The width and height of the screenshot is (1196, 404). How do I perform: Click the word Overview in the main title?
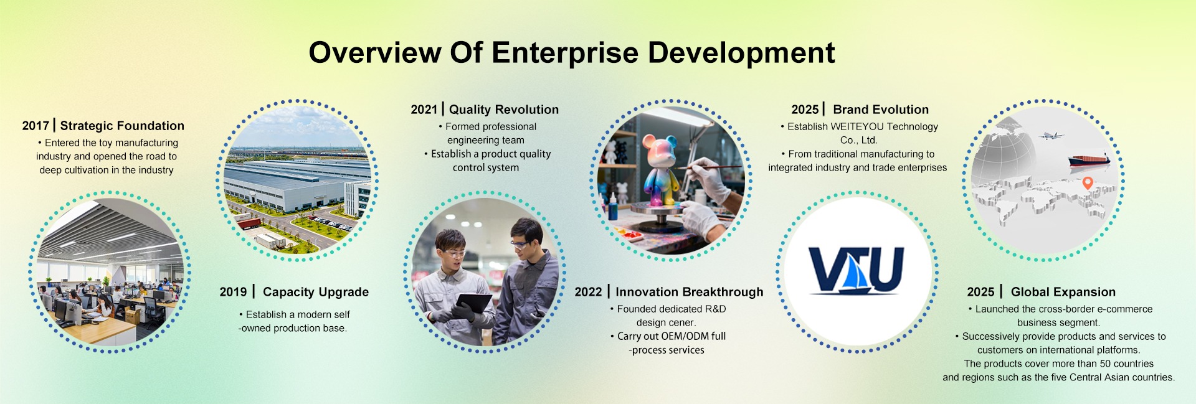[375, 52]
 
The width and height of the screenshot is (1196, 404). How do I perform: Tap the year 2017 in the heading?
[36, 126]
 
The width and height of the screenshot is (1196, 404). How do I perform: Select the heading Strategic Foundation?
[122, 126]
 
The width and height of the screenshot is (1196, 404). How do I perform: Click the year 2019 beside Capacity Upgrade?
[233, 292]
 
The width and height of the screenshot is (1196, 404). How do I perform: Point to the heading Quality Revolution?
[504, 110]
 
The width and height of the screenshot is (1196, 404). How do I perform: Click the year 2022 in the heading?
[588, 292]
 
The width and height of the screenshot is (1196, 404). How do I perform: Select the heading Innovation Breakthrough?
[689, 292]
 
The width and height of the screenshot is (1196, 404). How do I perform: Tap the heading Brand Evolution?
[881, 110]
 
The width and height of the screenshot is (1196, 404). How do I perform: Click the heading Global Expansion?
[1063, 292]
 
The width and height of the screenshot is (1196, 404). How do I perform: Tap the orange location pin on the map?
[1088, 183]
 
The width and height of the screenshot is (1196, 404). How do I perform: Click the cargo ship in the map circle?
[1089, 160]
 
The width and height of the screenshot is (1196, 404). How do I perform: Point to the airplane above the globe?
[1051, 135]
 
